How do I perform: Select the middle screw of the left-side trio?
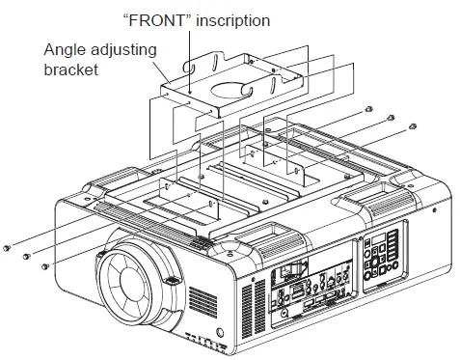[x=26, y=257]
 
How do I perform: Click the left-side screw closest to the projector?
[x=46, y=266]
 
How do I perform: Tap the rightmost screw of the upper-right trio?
[x=414, y=125]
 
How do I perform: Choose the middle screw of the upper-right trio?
[x=391, y=118]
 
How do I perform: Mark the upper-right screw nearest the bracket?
[x=370, y=110]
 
